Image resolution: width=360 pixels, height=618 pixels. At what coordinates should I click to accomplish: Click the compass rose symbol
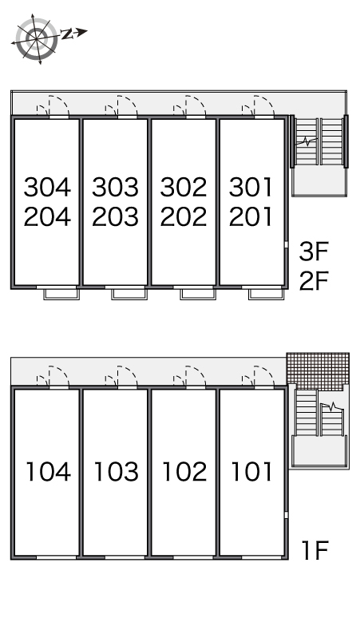tap(36, 39)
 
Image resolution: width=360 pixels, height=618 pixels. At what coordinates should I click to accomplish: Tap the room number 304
tap(47, 187)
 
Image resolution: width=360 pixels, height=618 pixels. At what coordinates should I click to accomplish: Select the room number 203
tap(116, 216)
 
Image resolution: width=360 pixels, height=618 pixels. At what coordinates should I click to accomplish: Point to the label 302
tap(184, 187)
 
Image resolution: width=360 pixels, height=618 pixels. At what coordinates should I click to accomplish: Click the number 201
tap(251, 216)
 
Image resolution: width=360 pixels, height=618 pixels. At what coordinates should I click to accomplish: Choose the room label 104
tap(48, 471)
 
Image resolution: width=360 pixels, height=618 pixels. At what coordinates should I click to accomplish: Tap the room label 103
tap(117, 471)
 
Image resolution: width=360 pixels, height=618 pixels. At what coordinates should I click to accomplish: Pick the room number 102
tap(184, 471)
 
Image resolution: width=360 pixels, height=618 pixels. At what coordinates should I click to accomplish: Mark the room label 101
tap(251, 471)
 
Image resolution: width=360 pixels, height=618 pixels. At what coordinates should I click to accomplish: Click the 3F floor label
tap(314, 252)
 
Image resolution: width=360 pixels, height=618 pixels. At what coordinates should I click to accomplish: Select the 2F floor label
tap(314, 280)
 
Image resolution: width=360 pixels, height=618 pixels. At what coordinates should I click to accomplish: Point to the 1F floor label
tap(315, 550)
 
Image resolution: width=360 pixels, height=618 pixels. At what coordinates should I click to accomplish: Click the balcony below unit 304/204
tap(61, 294)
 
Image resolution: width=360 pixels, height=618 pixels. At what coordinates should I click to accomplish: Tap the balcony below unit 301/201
tap(267, 294)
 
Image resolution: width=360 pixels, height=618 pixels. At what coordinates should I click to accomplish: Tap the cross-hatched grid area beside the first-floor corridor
tap(318, 371)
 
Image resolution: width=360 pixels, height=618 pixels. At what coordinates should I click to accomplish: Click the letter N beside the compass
tap(67, 34)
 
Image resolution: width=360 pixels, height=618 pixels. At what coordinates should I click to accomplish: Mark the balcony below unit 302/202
tap(198, 294)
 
